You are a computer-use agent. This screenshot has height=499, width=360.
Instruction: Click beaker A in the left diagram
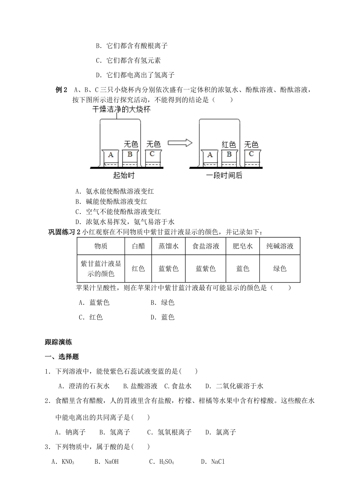111,156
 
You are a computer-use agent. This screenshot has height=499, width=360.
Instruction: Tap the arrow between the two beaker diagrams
180,143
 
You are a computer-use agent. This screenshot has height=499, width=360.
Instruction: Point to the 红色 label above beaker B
229,144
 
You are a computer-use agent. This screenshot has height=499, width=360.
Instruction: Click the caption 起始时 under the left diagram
124,176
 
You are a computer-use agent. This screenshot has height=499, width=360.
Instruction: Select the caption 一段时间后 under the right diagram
224,176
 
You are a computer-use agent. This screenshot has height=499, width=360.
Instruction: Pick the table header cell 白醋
138,246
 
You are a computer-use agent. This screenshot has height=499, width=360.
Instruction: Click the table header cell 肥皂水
243,246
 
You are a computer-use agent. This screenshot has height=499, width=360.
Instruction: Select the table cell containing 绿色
280,268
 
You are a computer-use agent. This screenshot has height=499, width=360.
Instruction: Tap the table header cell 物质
101,246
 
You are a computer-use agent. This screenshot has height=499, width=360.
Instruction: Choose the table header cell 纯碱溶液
280,246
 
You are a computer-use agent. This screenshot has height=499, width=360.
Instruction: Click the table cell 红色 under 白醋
138,268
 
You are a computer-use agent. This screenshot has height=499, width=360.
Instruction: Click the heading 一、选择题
62,357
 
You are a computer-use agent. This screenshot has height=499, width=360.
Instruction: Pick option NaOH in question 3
111,462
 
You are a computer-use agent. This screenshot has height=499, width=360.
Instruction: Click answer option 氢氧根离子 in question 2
174,432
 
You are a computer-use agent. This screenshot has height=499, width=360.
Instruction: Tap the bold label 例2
61,90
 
